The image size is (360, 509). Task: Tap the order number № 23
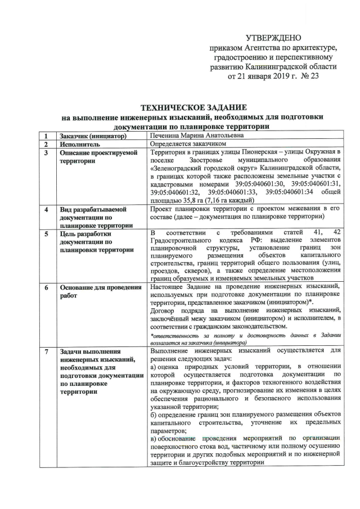click(307, 76)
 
